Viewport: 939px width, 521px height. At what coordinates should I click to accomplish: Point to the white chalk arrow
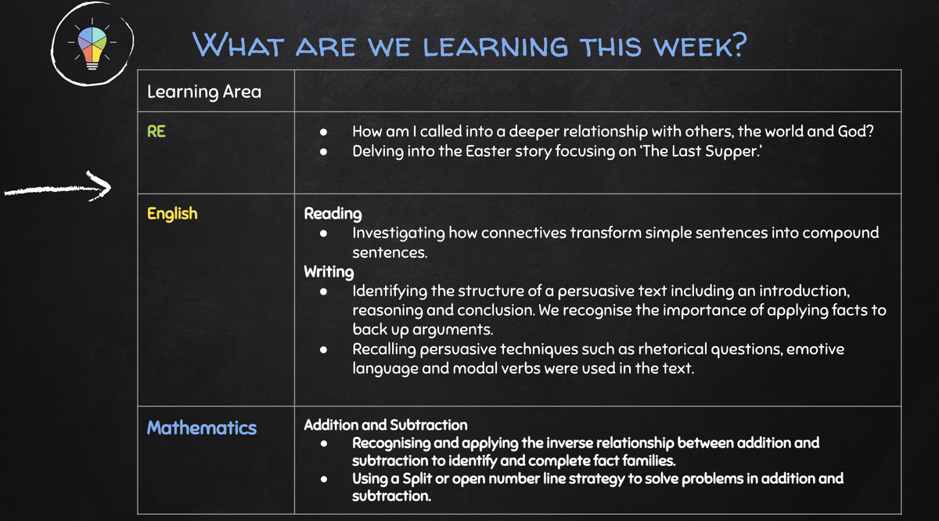[x=58, y=189]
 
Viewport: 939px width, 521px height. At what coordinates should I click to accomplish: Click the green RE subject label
[x=156, y=132]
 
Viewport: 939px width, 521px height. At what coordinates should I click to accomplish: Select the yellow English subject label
[x=172, y=214]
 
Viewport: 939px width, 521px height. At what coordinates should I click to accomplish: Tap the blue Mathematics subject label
[x=202, y=428]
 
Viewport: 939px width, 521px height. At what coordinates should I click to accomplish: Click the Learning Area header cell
[x=216, y=91]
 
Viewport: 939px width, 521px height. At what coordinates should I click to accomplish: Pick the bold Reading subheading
[x=333, y=214]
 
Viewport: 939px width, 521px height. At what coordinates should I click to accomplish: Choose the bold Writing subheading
[x=329, y=272]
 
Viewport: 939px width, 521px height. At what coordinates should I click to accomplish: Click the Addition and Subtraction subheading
[x=386, y=425]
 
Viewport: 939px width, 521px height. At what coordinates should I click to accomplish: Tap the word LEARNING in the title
[x=495, y=46]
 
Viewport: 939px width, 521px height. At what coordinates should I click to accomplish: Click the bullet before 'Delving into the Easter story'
[x=324, y=151]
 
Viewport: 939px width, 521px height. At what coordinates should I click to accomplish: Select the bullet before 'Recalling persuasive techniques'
[x=324, y=349]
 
